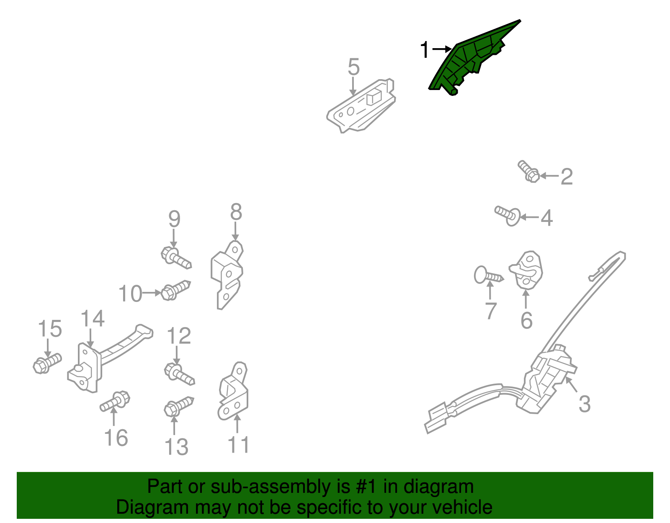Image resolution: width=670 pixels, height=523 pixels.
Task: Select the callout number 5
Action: (354, 67)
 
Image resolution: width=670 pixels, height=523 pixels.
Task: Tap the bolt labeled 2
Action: (528, 171)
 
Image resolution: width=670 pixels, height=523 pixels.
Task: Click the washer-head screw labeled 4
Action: (508, 216)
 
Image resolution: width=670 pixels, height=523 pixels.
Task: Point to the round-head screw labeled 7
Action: (489, 275)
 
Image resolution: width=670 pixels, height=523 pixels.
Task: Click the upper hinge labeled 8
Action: (227, 275)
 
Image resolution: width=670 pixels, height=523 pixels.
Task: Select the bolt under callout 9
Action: (176, 258)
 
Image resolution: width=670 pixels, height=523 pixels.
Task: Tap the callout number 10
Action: (130, 294)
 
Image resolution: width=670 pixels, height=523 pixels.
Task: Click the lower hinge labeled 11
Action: (233, 392)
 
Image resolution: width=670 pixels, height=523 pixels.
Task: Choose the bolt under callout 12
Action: (180, 374)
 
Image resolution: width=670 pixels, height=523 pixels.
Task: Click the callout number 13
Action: (176, 447)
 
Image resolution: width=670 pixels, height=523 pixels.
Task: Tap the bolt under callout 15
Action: (47, 363)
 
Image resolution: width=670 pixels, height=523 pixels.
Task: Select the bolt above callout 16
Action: (115, 402)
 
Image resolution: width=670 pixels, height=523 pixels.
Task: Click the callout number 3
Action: (585, 404)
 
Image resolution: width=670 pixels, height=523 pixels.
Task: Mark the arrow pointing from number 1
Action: (442, 49)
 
